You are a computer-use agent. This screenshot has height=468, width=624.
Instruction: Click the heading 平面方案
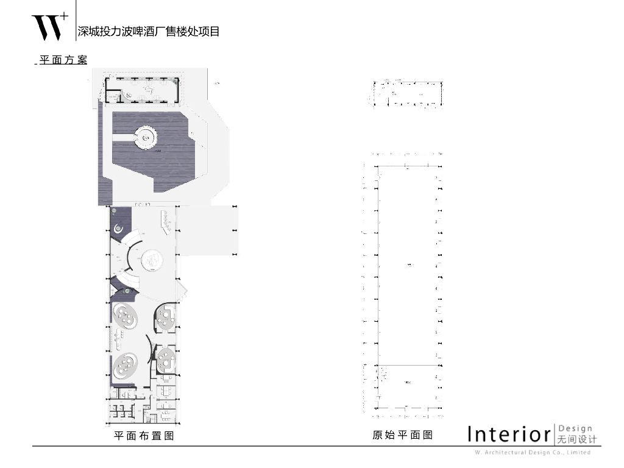point(63,60)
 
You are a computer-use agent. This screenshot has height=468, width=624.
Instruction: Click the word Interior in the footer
point(509,434)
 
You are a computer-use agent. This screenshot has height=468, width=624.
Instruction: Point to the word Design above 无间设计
point(575,429)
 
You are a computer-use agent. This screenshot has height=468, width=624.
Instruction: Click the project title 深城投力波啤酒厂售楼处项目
point(148,32)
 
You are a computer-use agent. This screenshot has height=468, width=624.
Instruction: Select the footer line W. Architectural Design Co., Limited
point(532,453)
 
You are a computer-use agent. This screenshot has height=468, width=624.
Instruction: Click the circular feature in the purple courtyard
point(146,138)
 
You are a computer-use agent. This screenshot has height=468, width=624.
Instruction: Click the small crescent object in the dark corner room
point(119,229)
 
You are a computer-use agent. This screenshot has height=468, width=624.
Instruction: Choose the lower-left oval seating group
point(126,366)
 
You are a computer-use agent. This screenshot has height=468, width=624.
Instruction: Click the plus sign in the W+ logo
point(64,15)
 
